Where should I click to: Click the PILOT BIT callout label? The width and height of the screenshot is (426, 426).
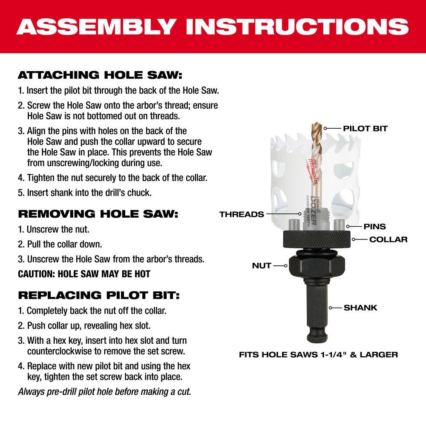pos(365,128)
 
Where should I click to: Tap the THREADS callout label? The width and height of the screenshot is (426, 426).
pos(242,214)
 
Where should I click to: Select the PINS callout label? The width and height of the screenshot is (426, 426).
pos(375,227)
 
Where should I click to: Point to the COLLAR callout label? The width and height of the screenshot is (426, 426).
pos(388,239)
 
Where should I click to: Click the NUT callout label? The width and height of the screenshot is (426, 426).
pos(261,265)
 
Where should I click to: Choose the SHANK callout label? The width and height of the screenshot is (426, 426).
pos(360,307)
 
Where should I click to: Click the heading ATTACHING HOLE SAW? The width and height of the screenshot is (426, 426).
pos(100,76)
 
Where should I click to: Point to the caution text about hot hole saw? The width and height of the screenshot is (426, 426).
pos(84,274)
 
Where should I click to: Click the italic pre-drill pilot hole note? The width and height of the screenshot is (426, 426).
pos(104,391)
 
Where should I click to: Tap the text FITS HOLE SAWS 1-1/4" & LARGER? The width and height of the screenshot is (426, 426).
pos(318,354)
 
